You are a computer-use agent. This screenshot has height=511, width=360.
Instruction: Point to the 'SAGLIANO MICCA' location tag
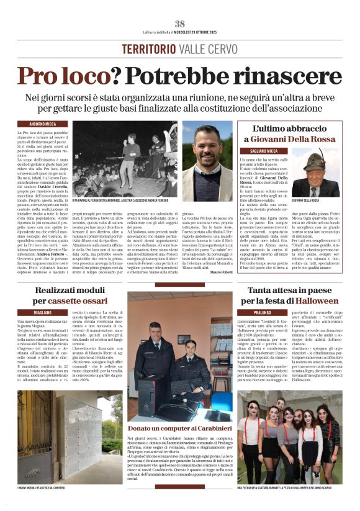coord(256,151)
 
